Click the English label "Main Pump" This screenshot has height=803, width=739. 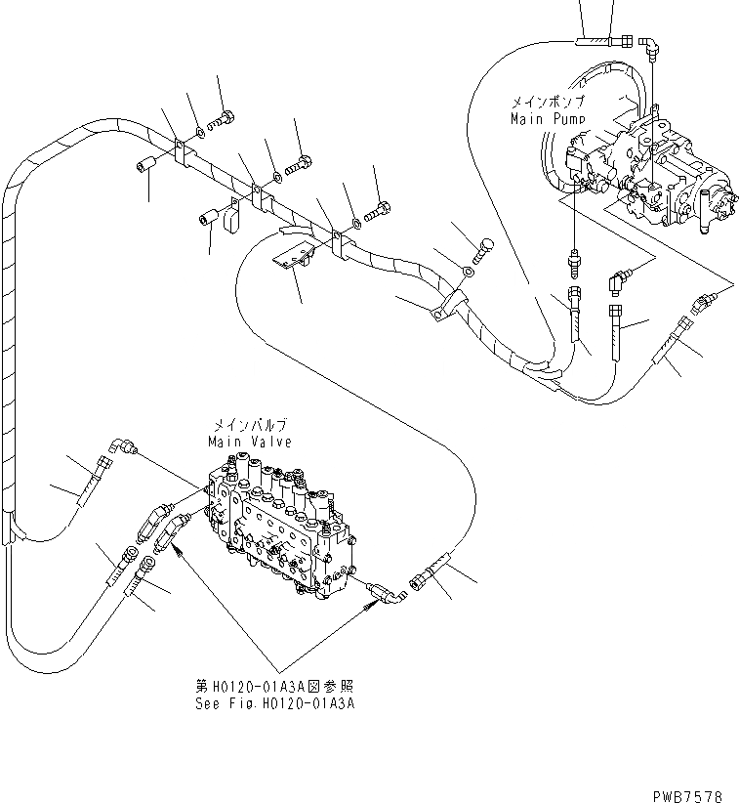pyautogui.click(x=548, y=118)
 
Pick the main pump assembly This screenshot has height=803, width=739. pyautogui.click(x=654, y=171)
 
